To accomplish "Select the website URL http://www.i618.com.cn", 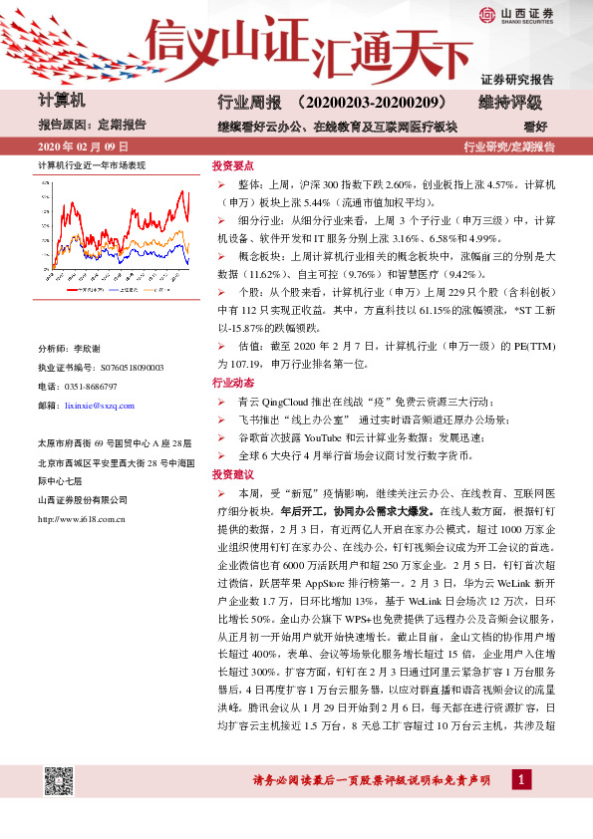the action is (80, 518).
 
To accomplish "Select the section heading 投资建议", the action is (233, 474).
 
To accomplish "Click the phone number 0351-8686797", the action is (89, 386).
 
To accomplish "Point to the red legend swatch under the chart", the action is (73, 290).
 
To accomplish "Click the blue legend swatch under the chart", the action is (115, 290).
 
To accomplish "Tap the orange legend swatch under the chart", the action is (149, 290).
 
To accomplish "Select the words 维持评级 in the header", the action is (510, 104).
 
